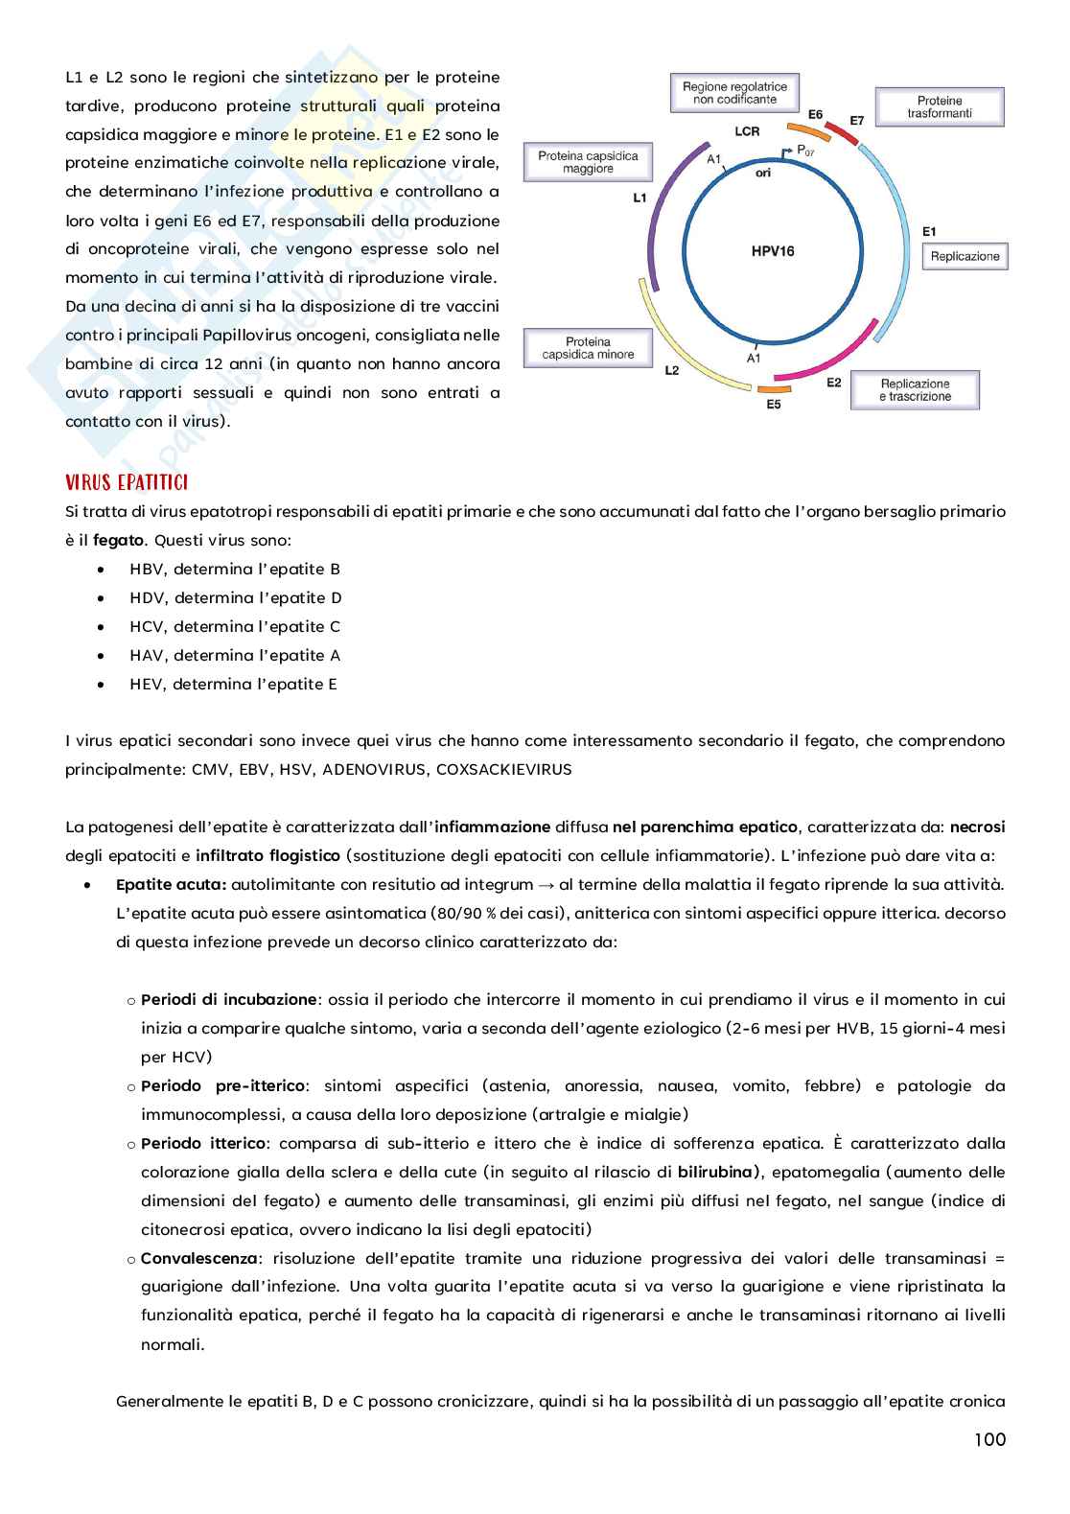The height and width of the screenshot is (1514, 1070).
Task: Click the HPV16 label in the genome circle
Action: coord(773,251)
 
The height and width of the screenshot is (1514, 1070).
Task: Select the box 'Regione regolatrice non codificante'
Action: coord(734,93)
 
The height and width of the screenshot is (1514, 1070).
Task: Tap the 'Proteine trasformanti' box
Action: coord(939,106)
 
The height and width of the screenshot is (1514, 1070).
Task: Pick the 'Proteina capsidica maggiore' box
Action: coord(588,162)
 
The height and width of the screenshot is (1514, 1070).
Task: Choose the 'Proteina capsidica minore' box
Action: coord(588,348)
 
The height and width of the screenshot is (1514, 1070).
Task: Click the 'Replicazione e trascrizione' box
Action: coord(915,390)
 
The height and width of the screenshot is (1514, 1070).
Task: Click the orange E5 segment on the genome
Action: coord(774,389)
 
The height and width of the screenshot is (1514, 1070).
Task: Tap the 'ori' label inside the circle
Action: coord(763,174)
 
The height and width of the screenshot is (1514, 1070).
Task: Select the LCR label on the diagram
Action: coord(747,131)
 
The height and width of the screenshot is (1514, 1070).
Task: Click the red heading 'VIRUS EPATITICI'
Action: coord(127,482)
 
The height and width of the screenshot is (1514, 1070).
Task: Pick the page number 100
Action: coord(989,1439)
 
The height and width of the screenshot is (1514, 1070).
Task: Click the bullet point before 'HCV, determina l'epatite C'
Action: coord(102,627)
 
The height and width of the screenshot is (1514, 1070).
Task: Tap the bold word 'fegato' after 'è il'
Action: coord(119,541)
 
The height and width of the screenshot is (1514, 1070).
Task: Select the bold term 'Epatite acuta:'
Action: coord(171,885)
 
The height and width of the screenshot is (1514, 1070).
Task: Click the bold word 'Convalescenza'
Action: coord(199,1258)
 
